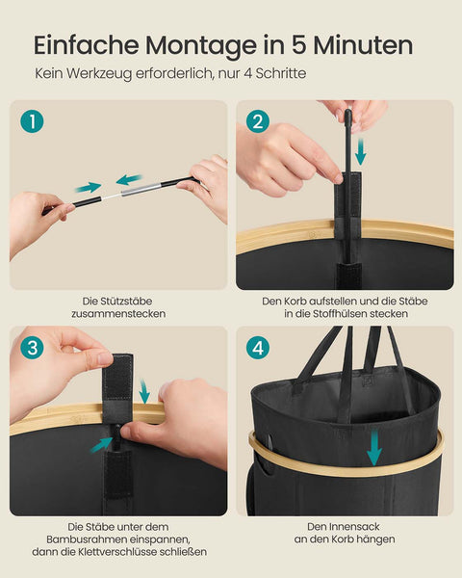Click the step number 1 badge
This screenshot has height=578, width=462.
[33, 122]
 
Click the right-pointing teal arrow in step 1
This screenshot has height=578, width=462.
[89, 187]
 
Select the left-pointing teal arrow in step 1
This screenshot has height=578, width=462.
[128, 179]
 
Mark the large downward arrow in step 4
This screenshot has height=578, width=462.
[374, 448]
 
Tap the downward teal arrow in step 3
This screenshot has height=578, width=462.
[143, 391]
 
